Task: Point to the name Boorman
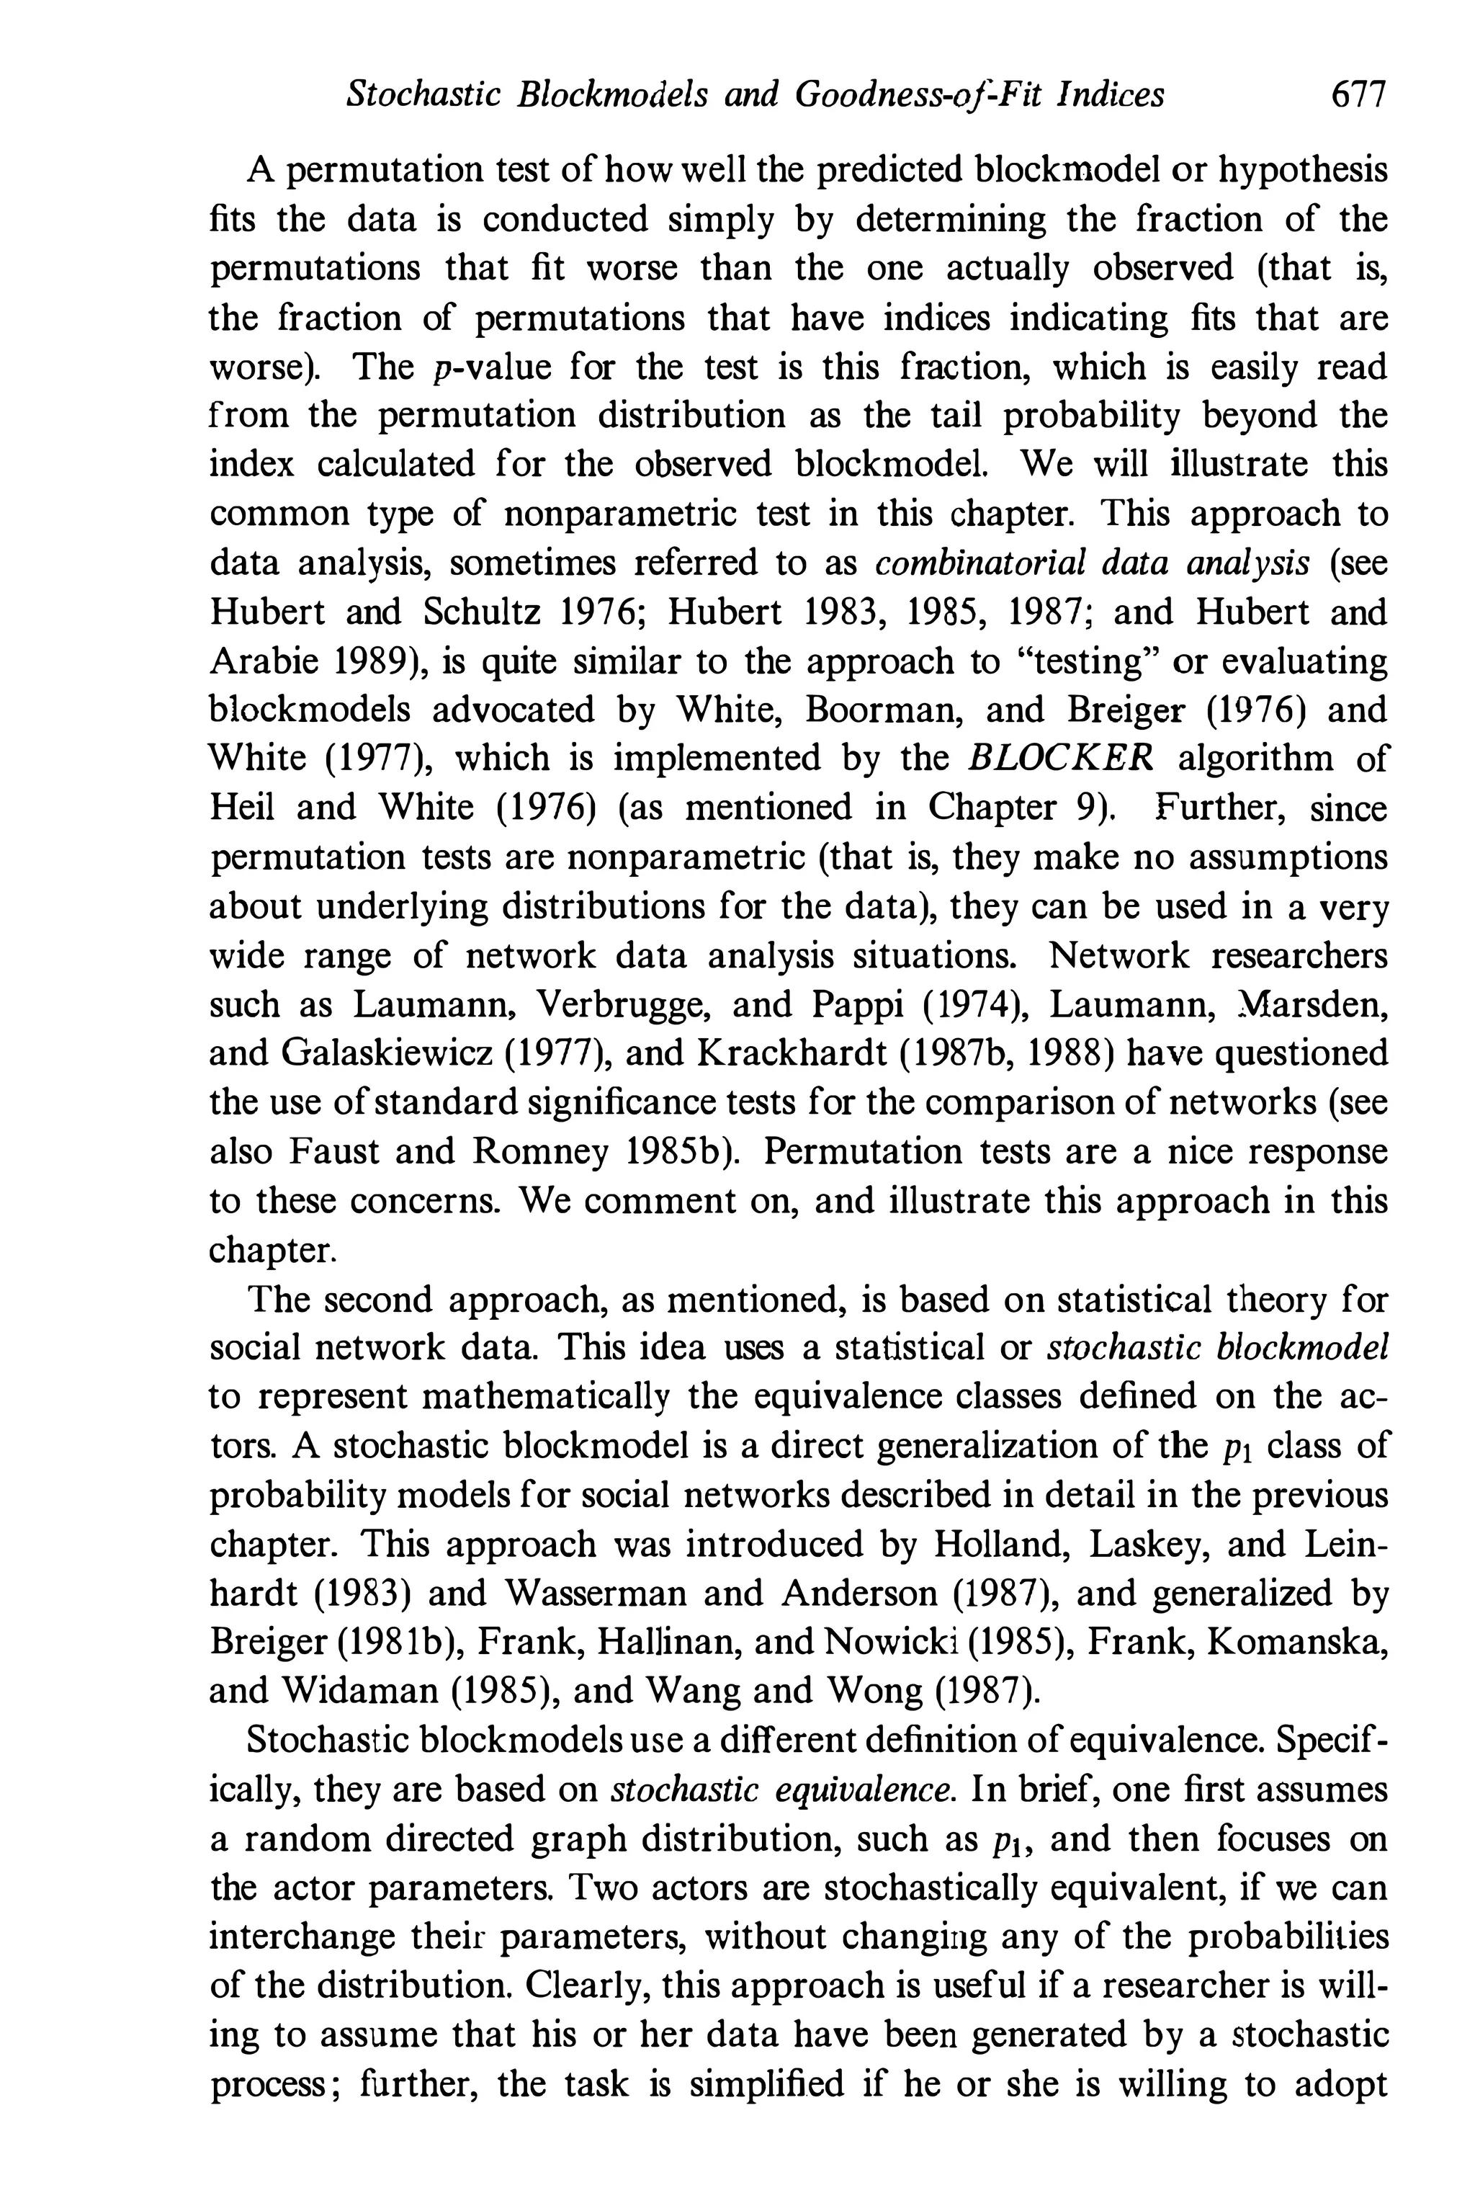[x=879, y=710]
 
